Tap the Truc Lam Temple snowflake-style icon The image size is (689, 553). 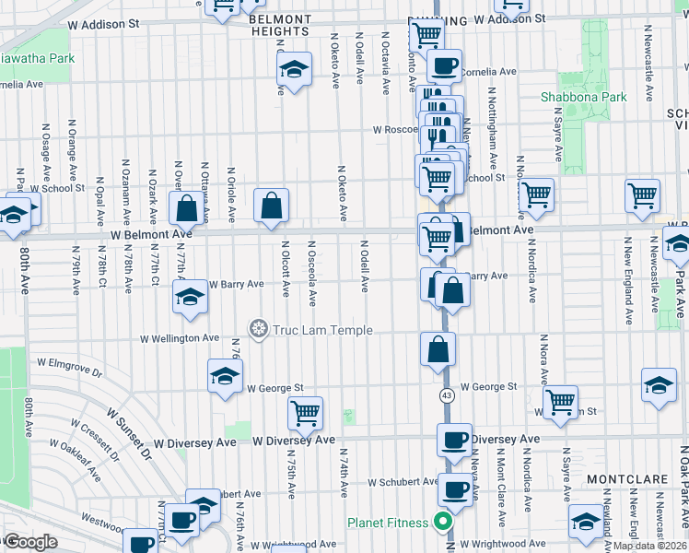[x=259, y=329]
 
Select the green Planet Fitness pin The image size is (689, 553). [x=443, y=523]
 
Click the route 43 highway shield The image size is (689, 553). [x=447, y=395]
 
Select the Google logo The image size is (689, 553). [x=30, y=542]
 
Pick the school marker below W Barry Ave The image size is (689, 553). [x=190, y=297]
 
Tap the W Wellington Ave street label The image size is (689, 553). [x=180, y=338]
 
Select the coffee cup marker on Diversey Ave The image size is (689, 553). [x=454, y=440]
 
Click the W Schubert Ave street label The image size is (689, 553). [x=403, y=481]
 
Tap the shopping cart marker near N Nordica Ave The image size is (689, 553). [x=536, y=194]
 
